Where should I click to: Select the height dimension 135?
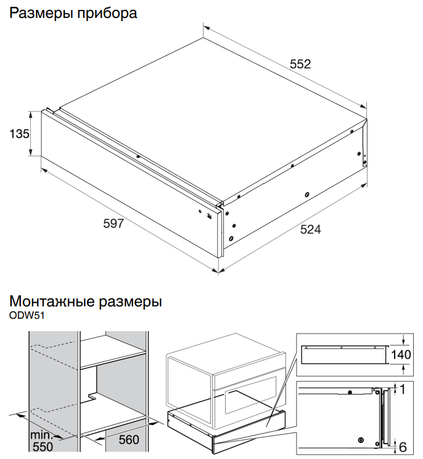click(19, 133)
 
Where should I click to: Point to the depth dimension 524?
click(310, 229)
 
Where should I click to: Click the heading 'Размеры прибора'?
click(73, 12)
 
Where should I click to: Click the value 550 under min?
click(43, 446)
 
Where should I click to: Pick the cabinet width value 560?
click(128, 440)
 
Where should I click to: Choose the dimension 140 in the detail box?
click(401, 355)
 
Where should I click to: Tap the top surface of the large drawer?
click(210, 117)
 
